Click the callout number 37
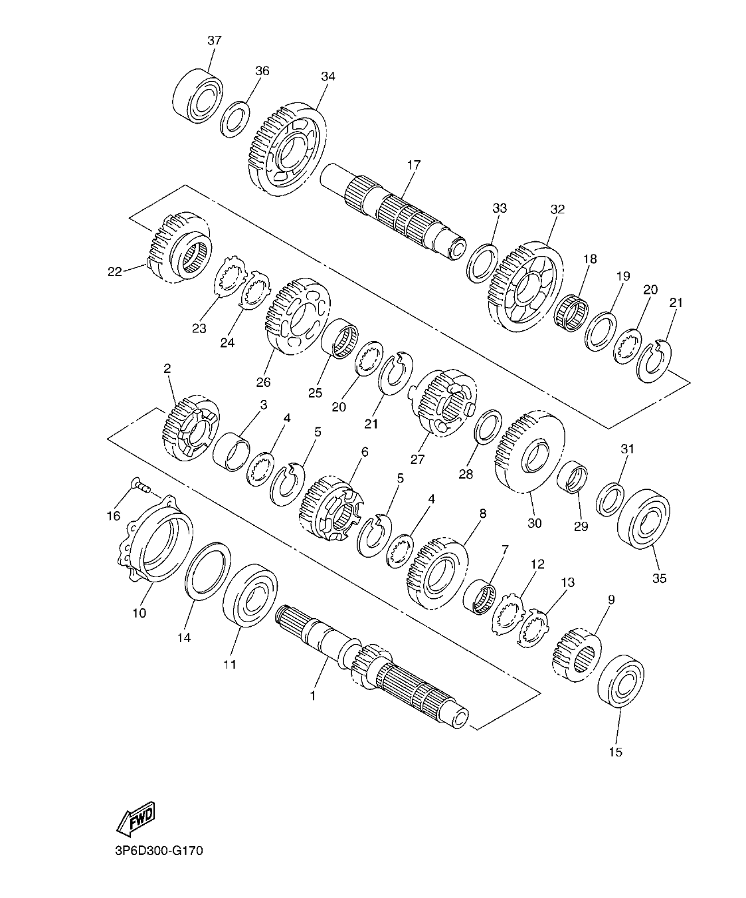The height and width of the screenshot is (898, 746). click(214, 41)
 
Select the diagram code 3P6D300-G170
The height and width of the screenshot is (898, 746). click(153, 851)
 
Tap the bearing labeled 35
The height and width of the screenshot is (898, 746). click(643, 519)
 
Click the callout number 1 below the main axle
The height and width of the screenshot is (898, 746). click(312, 696)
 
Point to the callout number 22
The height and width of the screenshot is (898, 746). click(114, 271)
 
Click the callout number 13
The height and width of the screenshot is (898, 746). click(568, 582)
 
